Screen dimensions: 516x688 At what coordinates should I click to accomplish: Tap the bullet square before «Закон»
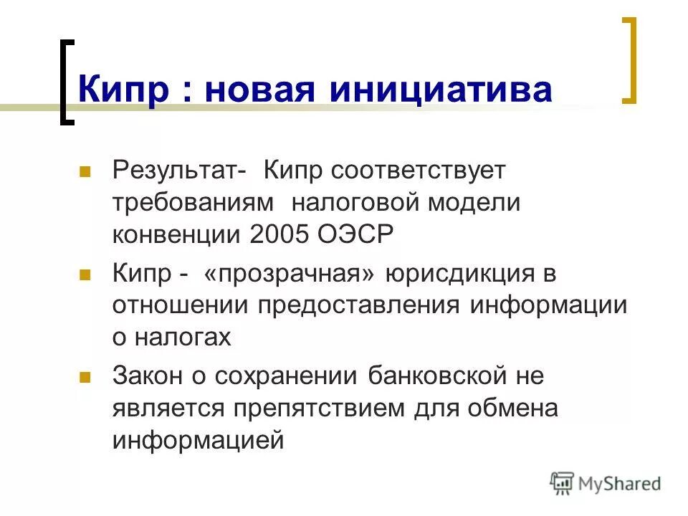click(85, 376)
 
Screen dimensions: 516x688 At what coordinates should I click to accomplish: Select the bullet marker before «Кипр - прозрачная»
click(85, 274)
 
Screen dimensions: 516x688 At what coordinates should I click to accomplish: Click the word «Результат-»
click(180, 171)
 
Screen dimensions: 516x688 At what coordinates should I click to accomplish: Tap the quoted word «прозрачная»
click(289, 274)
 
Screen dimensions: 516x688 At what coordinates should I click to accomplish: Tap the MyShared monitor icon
click(563, 483)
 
